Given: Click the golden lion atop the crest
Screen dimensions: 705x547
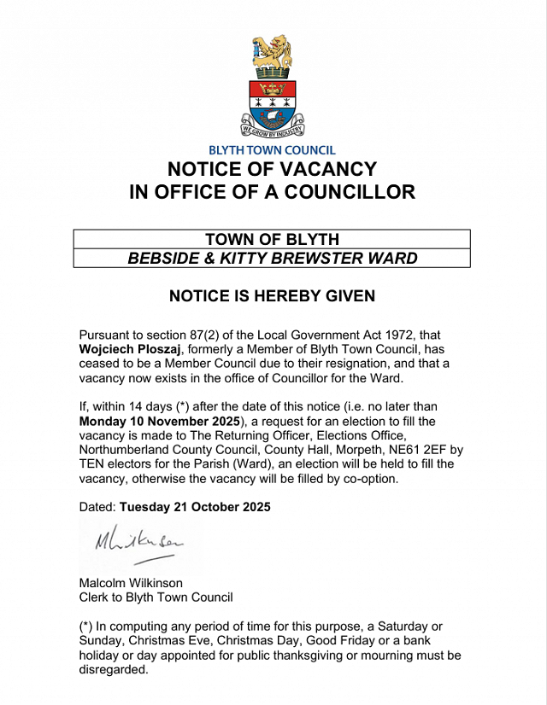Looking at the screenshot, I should (x=272, y=55).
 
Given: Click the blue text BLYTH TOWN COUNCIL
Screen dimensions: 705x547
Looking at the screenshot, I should (x=272, y=151).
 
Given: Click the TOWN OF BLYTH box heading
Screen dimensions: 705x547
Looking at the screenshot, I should (x=272, y=239).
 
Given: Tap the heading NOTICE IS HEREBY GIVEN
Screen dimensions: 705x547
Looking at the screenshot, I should (x=272, y=296).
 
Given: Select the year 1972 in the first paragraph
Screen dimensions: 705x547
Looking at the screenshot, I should (x=424, y=336).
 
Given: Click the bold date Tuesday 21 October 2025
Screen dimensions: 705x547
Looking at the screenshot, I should (x=195, y=507).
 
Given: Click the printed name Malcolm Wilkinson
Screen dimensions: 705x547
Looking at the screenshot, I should (x=132, y=583).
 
